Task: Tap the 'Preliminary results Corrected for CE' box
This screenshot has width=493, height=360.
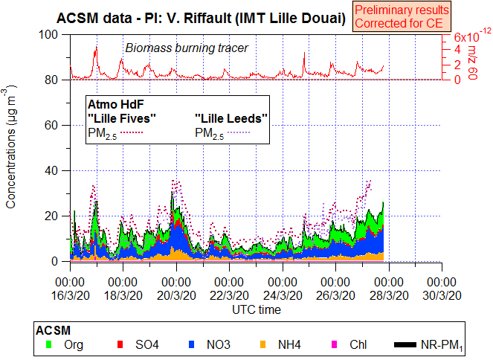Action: [402, 16]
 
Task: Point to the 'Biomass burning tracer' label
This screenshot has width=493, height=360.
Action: [187, 48]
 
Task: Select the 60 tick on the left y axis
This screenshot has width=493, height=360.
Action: [51, 126]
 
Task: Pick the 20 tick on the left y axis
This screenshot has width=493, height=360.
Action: [51, 216]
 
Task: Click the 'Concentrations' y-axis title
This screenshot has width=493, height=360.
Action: [13, 149]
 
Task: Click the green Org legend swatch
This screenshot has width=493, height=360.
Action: [49, 344]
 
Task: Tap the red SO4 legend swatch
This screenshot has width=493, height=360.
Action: [120, 344]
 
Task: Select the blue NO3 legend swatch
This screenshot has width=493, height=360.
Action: [191, 344]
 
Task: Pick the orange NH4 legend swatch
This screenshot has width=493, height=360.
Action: [262, 344]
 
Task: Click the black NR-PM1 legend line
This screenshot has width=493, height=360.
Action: [405, 344]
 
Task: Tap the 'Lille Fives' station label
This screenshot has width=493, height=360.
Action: [122, 118]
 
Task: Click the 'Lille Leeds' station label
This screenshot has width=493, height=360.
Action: [231, 118]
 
